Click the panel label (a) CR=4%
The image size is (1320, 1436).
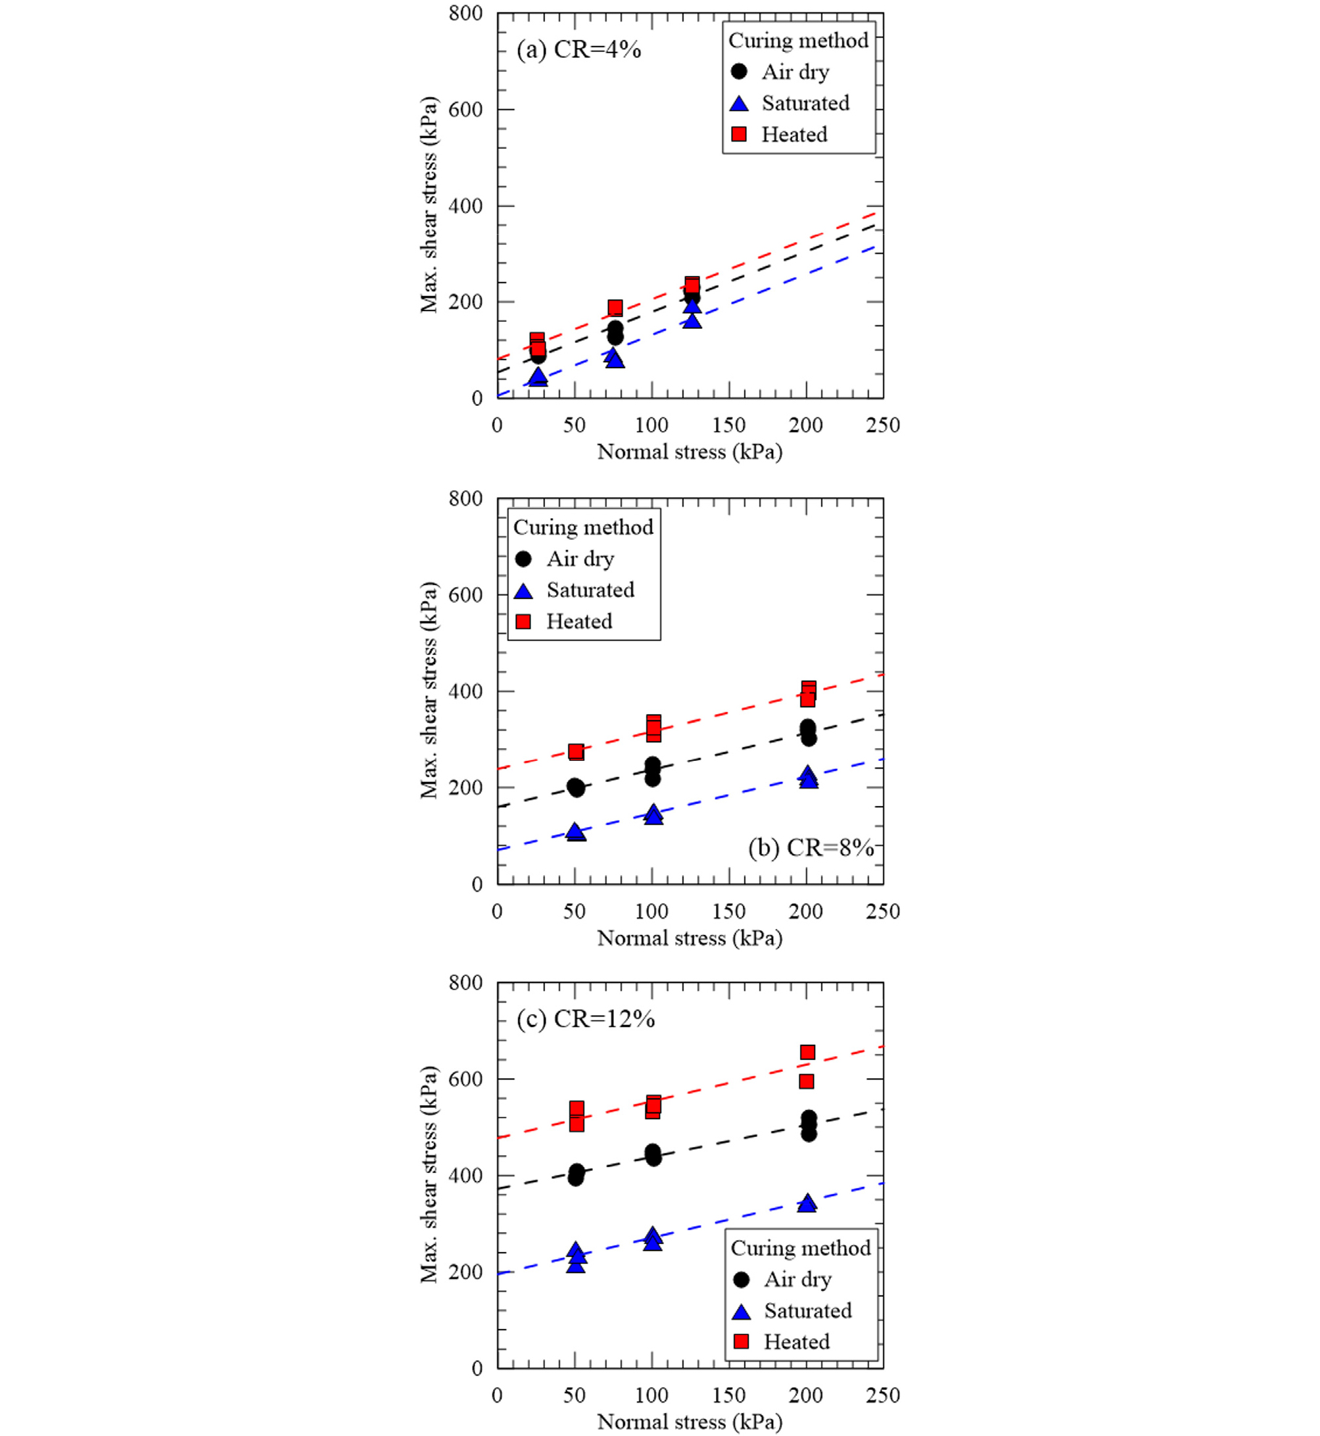tap(578, 50)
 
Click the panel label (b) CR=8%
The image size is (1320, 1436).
tap(811, 848)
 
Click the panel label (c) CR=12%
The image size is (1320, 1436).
tap(586, 1018)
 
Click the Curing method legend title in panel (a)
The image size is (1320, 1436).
tap(798, 41)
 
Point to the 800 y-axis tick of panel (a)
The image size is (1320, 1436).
tap(465, 14)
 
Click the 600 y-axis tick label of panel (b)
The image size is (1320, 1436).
tap(465, 595)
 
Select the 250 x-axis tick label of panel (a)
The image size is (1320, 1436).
tap(883, 426)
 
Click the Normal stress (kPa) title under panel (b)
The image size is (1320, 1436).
tap(690, 938)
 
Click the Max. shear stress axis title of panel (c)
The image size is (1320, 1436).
tap(429, 1174)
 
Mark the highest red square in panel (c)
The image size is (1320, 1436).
tap(807, 1053)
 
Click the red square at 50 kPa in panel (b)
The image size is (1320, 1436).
tap(576, 752)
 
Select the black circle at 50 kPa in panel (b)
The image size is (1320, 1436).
tap(576, 787)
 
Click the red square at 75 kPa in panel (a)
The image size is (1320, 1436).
tap(615, 308)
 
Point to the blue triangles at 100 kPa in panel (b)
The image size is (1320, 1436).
tap(653, 815)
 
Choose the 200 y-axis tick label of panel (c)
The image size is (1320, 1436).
tap(465, 1272)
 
